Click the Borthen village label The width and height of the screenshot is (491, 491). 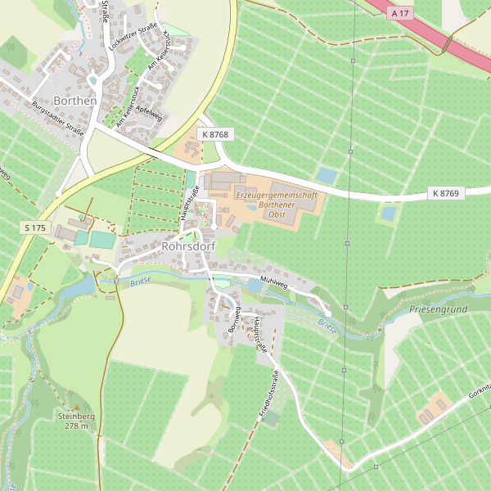coord(74,101)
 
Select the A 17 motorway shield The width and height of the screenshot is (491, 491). coord(399,14)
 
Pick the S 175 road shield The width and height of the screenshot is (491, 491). coord(35,227)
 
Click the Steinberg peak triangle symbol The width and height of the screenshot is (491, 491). coord(76,407)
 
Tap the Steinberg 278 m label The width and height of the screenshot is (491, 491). coord(76,421)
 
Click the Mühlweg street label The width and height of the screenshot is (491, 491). coord(273,282)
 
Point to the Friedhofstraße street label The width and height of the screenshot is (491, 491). coord(269,395)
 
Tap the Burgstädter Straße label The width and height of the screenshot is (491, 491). coord(57,117)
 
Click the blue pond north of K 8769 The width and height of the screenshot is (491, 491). coord(327,176)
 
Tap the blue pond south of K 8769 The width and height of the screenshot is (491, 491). coord(387,214)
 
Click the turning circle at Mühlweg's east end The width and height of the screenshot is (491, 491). coord(327,313)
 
